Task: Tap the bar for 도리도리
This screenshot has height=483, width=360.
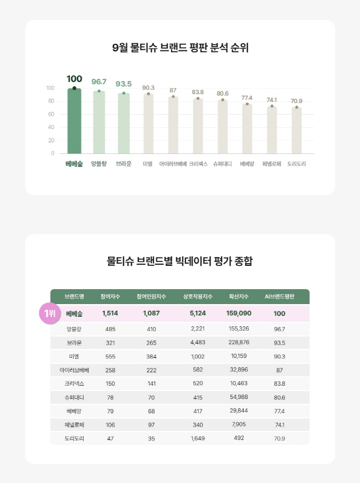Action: [297, 130]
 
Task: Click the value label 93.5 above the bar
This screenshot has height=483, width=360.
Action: [124, 84]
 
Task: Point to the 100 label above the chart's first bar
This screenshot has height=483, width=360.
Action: [74, 79]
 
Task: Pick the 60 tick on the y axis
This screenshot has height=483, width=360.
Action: [50, 114]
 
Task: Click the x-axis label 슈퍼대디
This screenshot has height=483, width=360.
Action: [222, 164]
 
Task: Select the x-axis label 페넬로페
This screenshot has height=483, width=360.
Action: [272, 164]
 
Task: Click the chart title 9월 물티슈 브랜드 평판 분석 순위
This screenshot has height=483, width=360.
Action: [180, 48]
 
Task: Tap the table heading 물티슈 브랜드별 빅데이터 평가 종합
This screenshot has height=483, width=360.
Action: [180, 261]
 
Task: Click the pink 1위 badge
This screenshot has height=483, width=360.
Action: [49, 314]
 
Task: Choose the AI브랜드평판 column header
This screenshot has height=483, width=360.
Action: [280, 296]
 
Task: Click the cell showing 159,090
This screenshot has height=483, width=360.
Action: [239, 314]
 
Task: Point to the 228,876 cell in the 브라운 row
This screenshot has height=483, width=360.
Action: [238, 342]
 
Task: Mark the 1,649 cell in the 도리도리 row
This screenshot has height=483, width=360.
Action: [198, 438]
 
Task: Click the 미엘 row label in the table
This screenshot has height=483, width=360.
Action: [74, 356]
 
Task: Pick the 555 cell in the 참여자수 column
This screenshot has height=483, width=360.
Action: [110, 356]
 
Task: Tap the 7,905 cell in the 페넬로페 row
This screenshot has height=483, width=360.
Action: [239, 424]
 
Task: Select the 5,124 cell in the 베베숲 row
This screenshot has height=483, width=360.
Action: [198, 314]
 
